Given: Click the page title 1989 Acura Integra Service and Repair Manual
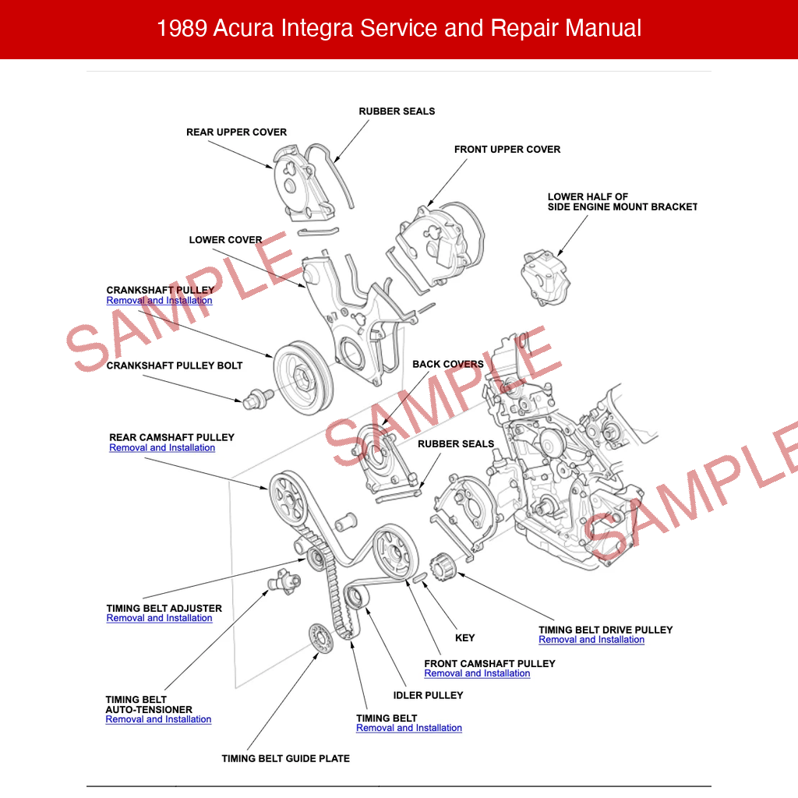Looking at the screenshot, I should pos(399,29).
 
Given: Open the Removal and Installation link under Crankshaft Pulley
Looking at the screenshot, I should pos(159,301).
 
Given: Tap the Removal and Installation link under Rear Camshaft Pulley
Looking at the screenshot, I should pos(162,448).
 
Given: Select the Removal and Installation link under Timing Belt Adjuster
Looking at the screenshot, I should pos(159,619).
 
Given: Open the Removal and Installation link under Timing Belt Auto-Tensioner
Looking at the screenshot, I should pos(158,720).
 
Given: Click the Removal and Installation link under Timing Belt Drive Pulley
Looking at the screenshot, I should pos(591,640).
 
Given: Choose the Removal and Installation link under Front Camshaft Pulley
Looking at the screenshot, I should pos(477,674).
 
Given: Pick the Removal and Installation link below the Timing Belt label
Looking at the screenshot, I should pos(409,729).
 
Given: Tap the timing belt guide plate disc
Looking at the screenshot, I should pos(320,641).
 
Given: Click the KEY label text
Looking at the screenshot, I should pos(464,638).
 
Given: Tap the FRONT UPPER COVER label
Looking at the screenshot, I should pos(507,150).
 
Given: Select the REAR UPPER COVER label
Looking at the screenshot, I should pos(236,132).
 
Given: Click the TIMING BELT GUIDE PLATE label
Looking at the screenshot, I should pos(285,759).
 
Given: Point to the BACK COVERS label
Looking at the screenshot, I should pos(447,365).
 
